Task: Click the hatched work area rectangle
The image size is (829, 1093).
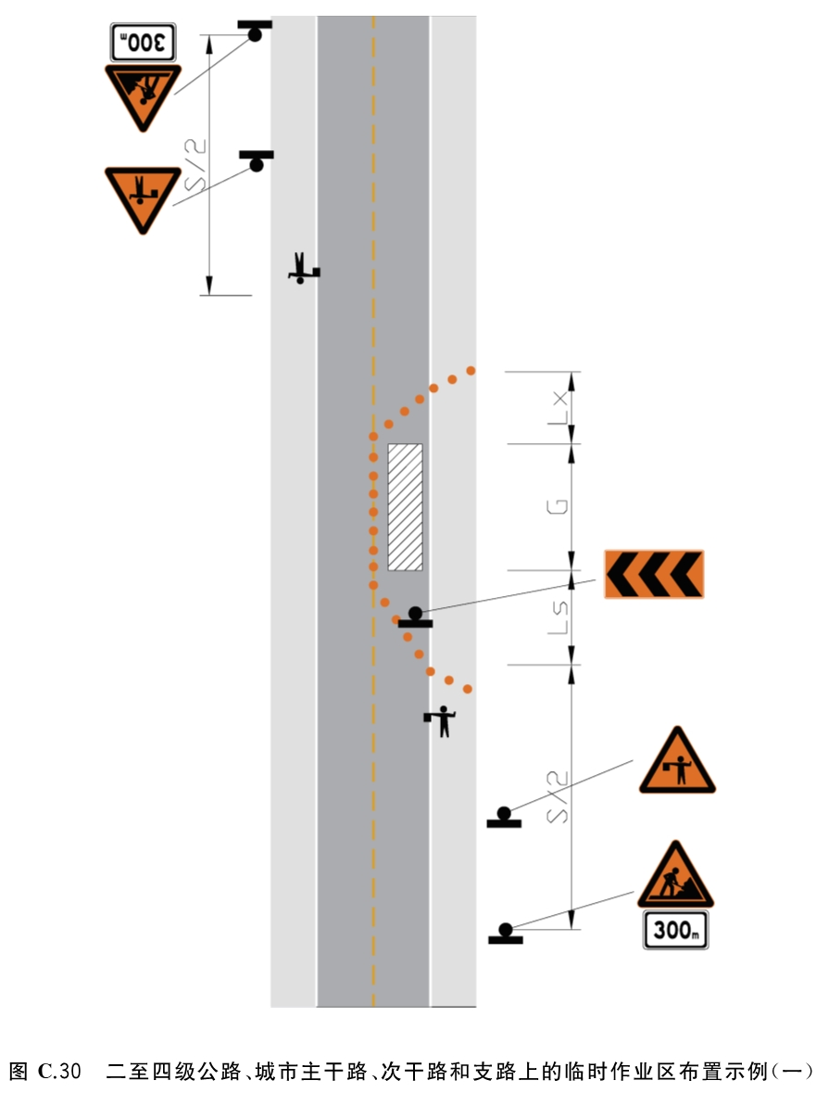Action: coord(405,507)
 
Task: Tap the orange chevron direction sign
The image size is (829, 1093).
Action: coord(654,574)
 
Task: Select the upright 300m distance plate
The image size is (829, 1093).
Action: coord(675,930)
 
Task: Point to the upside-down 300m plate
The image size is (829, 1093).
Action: coord(144,42)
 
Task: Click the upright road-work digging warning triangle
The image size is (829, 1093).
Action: coord(675,875)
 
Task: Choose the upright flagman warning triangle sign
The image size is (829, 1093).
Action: coord(677,761)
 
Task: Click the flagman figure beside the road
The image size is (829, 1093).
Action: coord(441,720)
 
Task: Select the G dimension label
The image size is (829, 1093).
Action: coord(558,507)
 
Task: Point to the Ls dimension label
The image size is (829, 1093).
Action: coord(558,617)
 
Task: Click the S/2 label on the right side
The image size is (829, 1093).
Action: coord(558,796)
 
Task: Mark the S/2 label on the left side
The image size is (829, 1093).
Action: coord(195,166)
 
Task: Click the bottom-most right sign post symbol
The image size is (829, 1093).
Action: coord(506,934)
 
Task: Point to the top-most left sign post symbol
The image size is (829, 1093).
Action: coord(255,31)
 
